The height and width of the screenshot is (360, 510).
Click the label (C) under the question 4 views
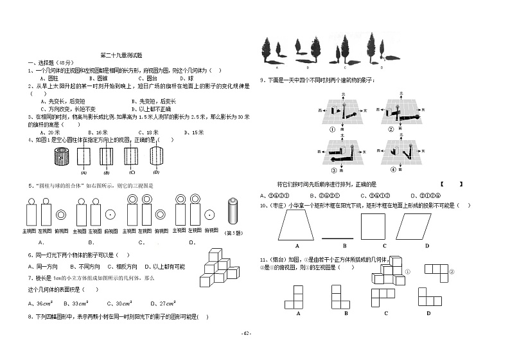coord(132,172)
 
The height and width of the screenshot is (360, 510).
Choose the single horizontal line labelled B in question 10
coord(344,237)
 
